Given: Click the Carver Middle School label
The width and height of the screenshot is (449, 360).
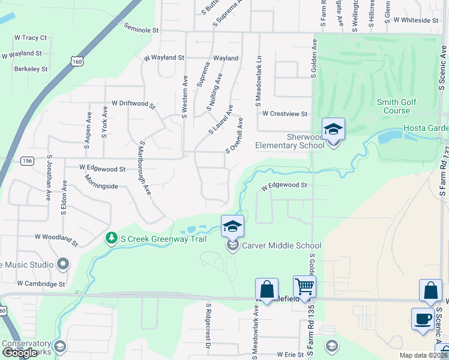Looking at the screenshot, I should pyautogui.click(x=281, y=245).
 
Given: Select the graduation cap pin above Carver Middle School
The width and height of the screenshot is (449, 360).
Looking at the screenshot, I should pyautogui.click(x=233, y=226).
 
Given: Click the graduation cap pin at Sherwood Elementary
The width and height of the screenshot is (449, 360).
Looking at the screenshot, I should pyautogui.click(x=333, y=128).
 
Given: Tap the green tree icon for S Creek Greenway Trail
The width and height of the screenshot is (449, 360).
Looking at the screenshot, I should pyautogui.click(x=111, y=239).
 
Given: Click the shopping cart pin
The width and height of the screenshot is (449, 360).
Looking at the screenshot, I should pyautogui.click(x=304, y=287).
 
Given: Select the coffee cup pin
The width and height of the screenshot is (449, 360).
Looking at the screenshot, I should pyautogui.click(x=422, y=318).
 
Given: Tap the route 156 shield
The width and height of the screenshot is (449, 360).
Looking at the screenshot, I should pyautogui.click(x=26, y=161).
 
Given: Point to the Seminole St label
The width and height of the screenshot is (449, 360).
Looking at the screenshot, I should pyautogui.click(x=141, y=28).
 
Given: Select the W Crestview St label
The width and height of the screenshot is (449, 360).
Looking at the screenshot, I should pyautogui.click(x=285, y=113).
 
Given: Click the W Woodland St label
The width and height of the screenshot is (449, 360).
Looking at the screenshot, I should pyautogui.click(x=56, y=240).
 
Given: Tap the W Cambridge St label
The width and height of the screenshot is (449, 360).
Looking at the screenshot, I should pyautogui.click(x=41, y=283).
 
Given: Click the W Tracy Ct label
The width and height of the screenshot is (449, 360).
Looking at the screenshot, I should pyautogui.click(x=30, y=38).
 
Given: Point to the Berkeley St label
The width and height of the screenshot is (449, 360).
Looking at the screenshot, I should pyautogui.click(x=31, y=69).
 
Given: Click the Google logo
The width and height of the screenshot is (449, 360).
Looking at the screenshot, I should pyautogui.click(x=20, y=353).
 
